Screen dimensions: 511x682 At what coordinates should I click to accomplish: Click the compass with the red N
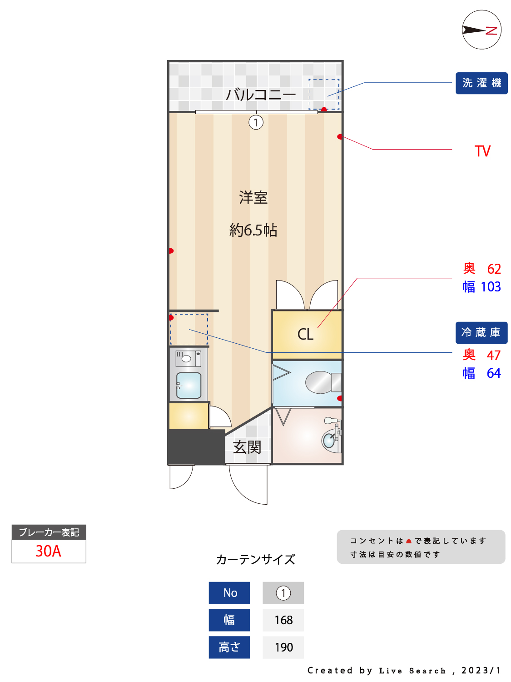(481, 30)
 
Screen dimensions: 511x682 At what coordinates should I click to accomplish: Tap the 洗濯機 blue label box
(481, 83)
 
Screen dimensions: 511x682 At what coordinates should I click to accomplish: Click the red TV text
(482, 151)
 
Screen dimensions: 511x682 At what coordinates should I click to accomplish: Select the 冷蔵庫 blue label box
(481, 332)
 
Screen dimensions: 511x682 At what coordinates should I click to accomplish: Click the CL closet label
(305, 334)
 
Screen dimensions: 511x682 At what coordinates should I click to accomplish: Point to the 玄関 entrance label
(247, 447)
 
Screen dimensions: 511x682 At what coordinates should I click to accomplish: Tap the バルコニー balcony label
(261, 94)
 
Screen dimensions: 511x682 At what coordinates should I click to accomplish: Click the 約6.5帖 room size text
(253, 230)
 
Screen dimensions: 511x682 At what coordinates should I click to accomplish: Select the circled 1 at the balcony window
(256, 122)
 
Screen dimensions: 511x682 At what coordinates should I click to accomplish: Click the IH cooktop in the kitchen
(189, 359)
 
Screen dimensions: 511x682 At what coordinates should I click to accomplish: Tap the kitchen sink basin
(189, 385)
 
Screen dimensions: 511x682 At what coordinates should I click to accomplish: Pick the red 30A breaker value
(48, 551)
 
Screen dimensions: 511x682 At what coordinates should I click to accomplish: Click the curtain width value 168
(283, 620)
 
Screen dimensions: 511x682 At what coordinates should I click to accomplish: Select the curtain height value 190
(283, 647)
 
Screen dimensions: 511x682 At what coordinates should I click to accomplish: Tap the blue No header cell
(229, 593)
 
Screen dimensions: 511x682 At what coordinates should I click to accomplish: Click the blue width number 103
(491, 286)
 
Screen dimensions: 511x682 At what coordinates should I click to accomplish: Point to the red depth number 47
(494, 355)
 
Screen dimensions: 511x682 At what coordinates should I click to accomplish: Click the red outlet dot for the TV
(340, 136)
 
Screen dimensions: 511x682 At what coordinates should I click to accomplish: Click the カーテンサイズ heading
(255, 559)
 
